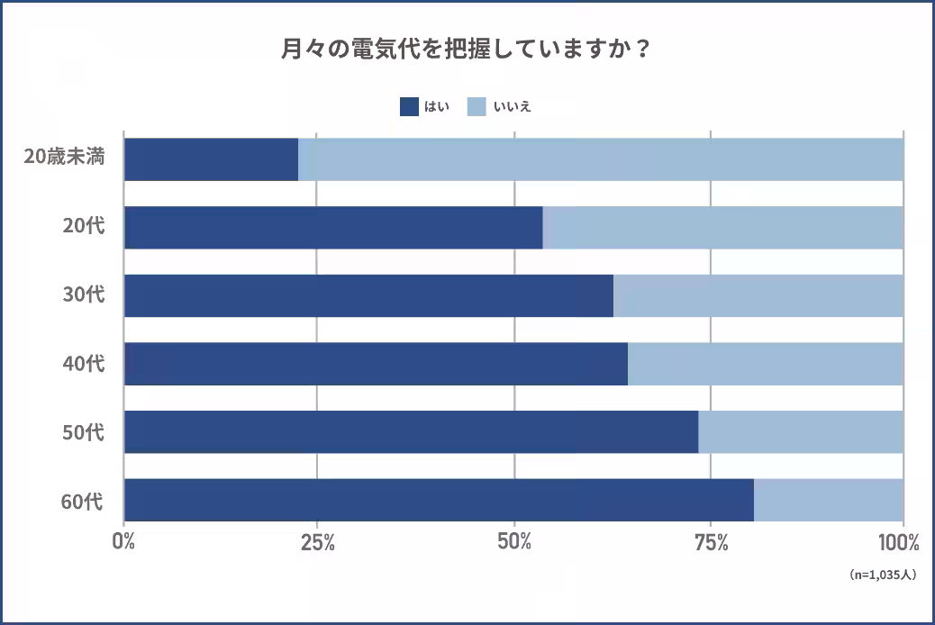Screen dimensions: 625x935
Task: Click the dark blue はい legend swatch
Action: coord(409,106)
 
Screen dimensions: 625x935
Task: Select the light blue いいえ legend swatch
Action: coord(477,106)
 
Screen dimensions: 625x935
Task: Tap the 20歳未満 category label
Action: coord(64,158)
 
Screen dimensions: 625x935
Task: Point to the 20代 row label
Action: coord(83,226)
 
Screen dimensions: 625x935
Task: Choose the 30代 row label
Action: coord(83,294)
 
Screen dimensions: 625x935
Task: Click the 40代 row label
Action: coord(83,364)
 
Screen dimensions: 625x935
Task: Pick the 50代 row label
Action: coord(83,432)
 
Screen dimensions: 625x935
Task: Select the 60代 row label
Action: coord(83,501)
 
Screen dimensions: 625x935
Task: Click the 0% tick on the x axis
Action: coord(123,543)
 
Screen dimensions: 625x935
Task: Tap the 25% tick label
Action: coord(318,543)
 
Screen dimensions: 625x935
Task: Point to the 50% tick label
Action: coord(514,543)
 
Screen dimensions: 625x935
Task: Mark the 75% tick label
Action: coord(711,543)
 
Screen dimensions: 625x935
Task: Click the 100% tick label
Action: coord(898,543)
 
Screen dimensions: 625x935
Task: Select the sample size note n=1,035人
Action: coord(882,574)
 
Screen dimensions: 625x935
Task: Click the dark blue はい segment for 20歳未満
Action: coord(211,159)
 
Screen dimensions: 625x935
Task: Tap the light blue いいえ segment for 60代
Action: coord(828,500)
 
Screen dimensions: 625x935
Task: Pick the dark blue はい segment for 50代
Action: coord(411,432)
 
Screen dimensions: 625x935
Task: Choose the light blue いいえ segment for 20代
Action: coord(722,228)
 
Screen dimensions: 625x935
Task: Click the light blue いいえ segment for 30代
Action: coord(758,295)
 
